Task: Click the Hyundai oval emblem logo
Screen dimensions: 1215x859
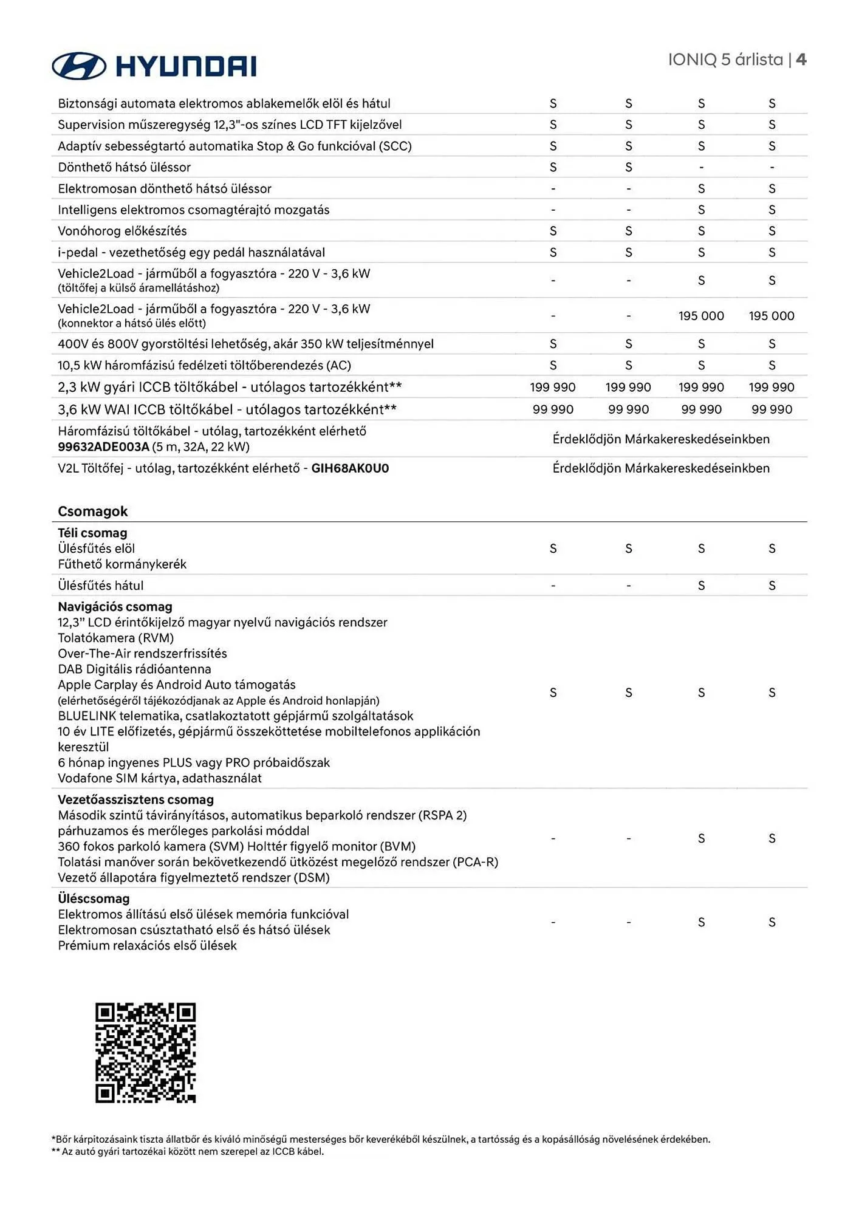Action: point(79,66)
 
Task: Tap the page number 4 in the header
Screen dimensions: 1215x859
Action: point(801,60)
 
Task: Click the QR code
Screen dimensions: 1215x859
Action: point(145,1052)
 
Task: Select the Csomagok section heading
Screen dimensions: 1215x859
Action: point(93,511)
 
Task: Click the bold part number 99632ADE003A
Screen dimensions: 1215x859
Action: point(103,447)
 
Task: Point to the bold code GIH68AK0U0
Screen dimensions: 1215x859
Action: point(350,468)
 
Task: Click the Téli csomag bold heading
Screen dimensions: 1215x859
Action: point(92,533)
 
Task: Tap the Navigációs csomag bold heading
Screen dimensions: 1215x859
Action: point(115,606)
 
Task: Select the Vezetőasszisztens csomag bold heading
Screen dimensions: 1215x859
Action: point(135,799)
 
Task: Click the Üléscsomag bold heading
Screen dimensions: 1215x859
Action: point(94,898)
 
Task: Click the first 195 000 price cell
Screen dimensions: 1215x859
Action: point(701,316)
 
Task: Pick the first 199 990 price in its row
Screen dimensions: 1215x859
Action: point(552,387)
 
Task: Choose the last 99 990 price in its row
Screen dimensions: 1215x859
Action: point(772,409)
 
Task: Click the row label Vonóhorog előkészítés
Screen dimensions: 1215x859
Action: point(122,231)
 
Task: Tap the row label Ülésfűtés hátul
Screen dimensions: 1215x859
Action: point(101,586)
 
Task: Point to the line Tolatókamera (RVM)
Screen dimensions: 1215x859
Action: point(115,638)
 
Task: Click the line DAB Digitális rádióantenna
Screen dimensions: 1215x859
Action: point(134,669)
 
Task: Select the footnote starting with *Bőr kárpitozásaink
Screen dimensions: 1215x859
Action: point(381,1139)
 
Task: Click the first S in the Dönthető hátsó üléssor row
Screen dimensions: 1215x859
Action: point(553,167)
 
